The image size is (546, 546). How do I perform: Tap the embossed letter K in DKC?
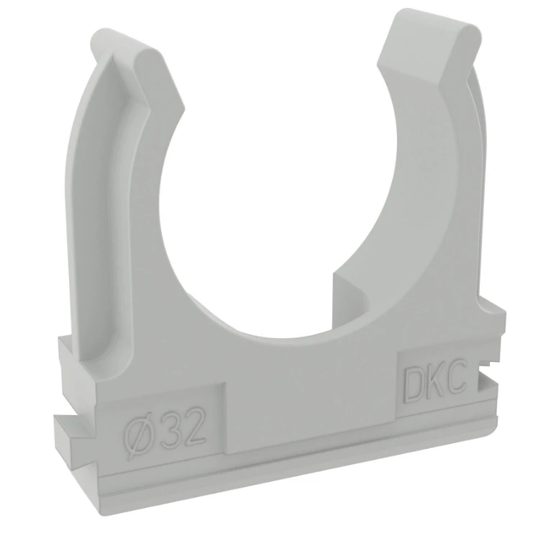coord(432,385)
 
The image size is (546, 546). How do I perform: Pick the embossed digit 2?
coord(190,426)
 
